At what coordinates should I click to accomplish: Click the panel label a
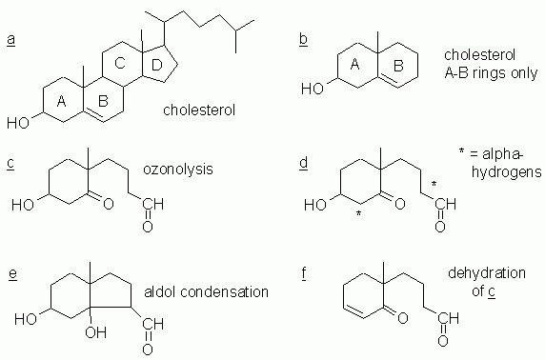coord(10,39)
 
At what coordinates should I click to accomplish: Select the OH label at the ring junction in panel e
coord(98,333)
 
